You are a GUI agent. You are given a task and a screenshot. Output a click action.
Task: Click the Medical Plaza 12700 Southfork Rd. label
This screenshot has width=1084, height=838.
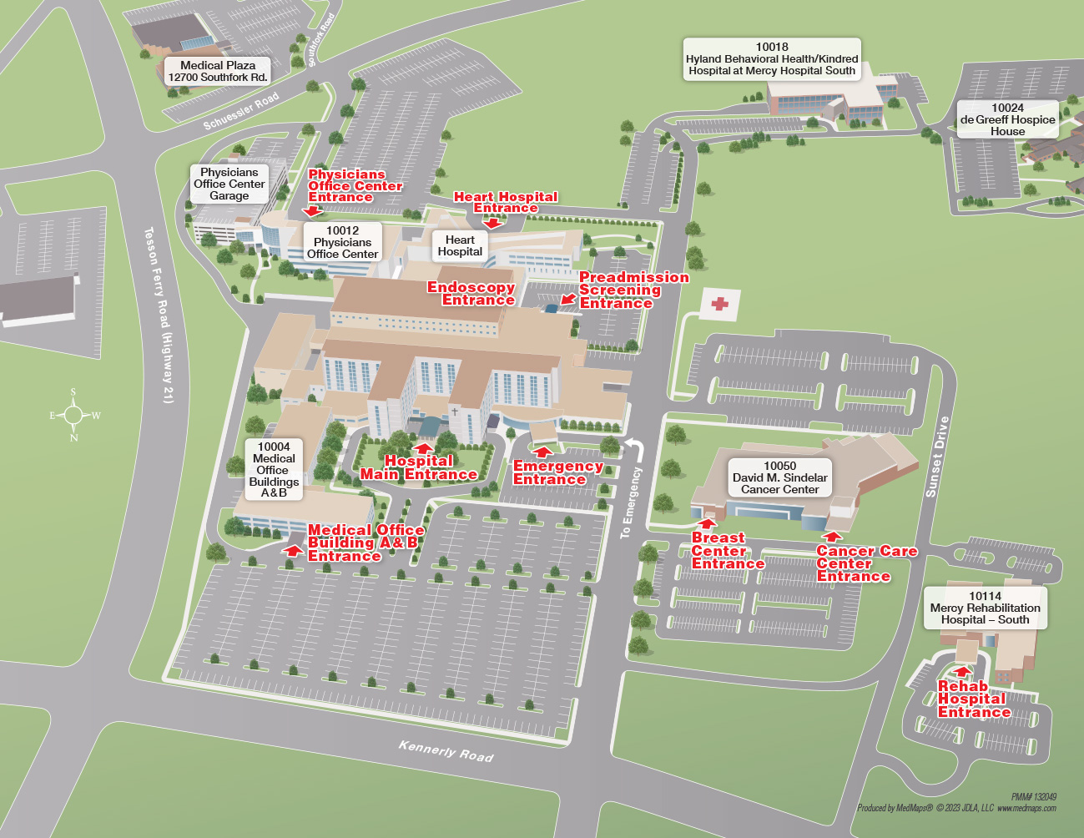pos(218,71)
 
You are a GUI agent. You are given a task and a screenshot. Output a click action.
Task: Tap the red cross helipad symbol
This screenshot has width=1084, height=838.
pos(719,305)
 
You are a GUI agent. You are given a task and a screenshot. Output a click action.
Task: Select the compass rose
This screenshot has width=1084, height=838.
pos(74,415)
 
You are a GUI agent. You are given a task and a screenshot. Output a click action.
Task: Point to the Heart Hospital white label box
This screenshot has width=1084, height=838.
pos(460,245)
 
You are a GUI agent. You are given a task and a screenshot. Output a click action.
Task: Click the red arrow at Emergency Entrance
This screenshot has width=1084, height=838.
pos(543,453)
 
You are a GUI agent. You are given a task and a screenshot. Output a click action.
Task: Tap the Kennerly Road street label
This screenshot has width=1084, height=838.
pos(446,750)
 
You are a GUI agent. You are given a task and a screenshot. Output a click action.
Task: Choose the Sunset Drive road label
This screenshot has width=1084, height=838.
pos(937,457)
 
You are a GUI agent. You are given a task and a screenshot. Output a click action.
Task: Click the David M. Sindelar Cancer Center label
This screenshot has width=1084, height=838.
pos(779,477)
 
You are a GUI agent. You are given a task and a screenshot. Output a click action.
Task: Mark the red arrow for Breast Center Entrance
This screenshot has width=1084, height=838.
pos(707,524)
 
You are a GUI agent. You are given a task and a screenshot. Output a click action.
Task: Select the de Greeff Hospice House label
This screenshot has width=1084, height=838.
pos(1007,119)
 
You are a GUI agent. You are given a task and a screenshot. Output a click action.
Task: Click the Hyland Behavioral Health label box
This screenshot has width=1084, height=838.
pos(772,59)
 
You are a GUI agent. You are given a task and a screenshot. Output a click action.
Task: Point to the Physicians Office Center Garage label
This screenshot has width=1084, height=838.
pos(229,184)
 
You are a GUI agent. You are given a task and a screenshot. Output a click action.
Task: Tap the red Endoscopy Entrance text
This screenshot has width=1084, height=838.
pos(471,293)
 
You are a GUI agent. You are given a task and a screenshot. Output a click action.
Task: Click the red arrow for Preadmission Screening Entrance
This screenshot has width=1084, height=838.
pos(568,298)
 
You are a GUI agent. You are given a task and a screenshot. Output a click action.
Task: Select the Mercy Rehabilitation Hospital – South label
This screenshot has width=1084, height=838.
pos(985,608)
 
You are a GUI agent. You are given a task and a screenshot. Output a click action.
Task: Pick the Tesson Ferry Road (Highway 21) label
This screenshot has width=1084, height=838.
pos(158,315)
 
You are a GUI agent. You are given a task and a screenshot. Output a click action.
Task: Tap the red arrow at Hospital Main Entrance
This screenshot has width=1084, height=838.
pos(424,448)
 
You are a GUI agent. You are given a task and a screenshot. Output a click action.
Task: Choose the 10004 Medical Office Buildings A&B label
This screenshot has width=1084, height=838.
pos(274,470)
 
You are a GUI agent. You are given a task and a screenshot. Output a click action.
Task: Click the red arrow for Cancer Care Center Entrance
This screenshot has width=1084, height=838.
pos(831,537)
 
